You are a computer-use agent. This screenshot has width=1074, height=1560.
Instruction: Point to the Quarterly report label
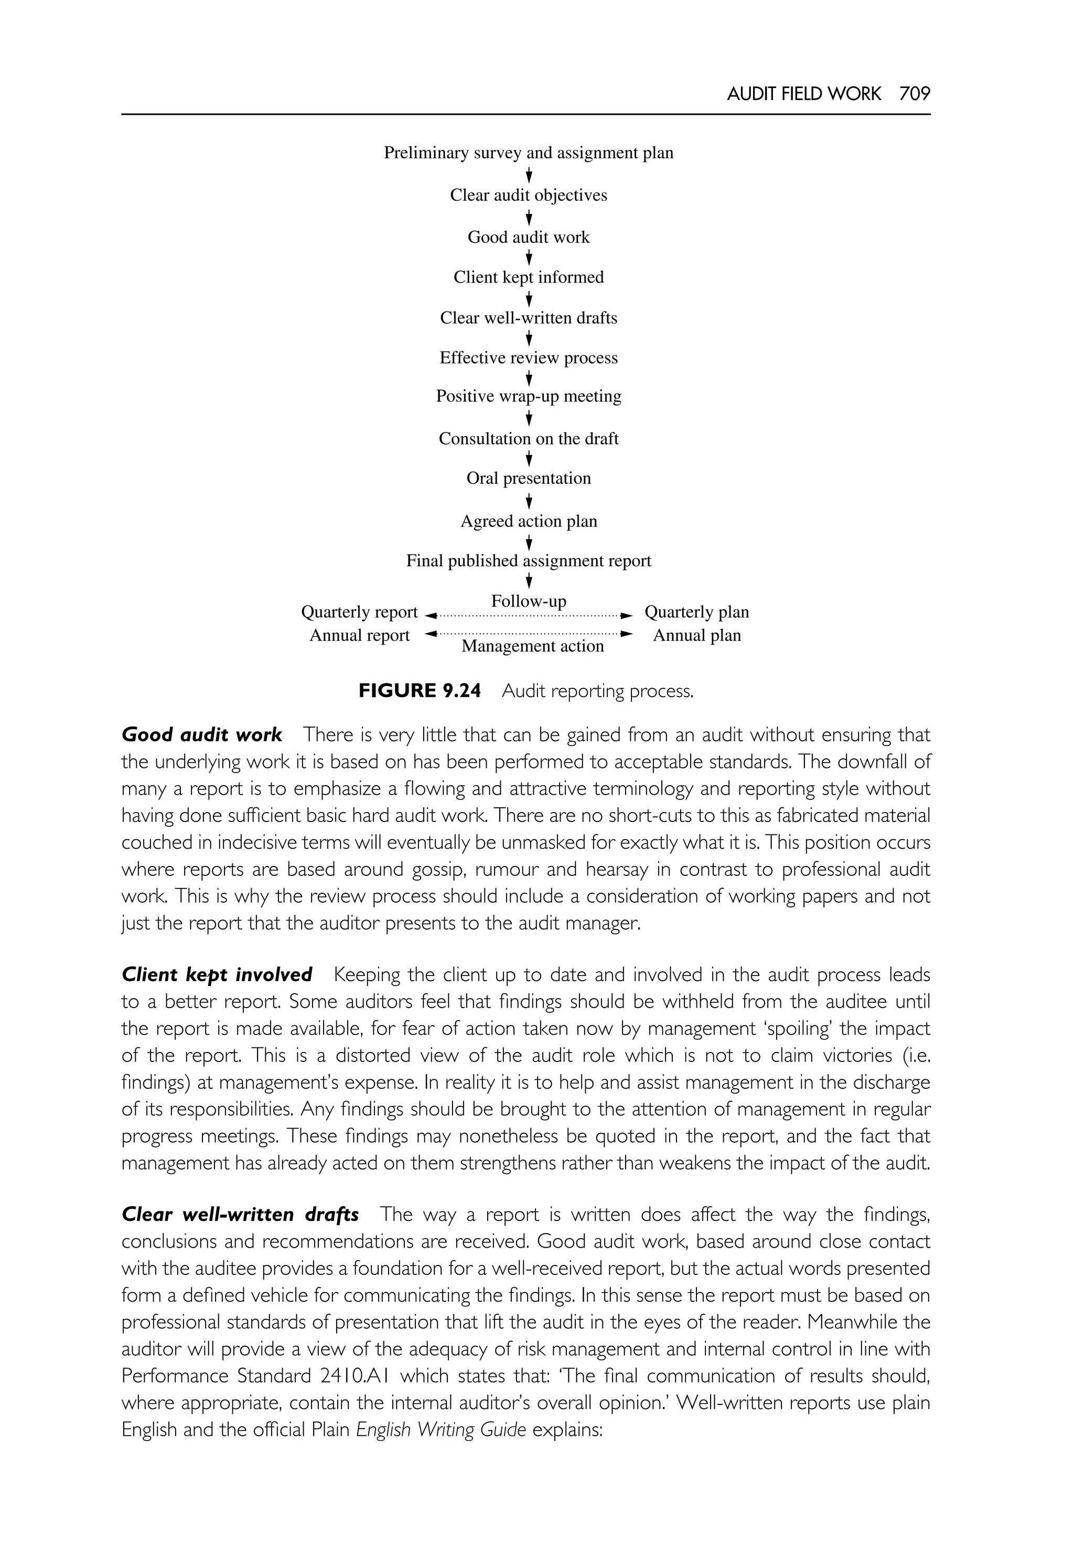[359, 612]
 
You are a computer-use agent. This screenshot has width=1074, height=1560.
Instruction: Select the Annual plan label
[696, 636]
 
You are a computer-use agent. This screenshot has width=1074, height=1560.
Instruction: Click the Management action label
[532, 646]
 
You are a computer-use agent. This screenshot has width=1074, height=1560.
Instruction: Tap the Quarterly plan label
[696, 612]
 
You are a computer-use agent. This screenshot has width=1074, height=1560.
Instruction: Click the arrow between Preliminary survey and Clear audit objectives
[529, 175]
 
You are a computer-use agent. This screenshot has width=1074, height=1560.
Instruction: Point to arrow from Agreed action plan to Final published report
[529, 541]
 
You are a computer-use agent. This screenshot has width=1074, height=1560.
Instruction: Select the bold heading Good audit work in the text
[201, 734]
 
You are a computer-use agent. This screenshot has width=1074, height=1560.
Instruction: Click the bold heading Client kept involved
[217, 975]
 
